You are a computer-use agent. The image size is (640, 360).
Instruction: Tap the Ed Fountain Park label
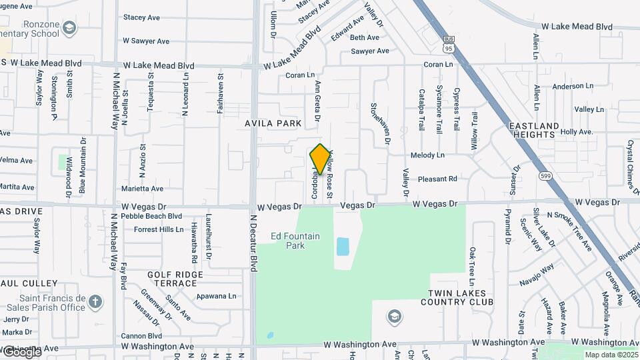pyautogui.click(x=295, y=241)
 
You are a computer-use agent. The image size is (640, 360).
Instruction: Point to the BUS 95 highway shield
pyautogui.click(x=449, y=45)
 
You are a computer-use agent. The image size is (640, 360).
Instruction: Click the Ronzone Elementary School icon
pyautogui.click(x=69, y=27)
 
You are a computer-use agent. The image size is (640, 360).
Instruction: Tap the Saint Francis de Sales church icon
pyautogui.click(x=95, y=301)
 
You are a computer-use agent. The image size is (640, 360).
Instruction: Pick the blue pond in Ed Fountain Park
pyautogui.click(x=343, y=247)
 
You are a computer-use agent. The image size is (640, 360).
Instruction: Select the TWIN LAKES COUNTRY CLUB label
pyautogui.click(x=459, y=297)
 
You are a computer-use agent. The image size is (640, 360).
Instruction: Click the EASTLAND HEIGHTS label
pyautogui.click(x=534, y=130)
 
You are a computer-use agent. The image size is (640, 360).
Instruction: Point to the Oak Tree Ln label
pyautogui.click(x=472, y=263)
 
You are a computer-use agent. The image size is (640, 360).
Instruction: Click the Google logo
pyautogui.click(x=21, y=351)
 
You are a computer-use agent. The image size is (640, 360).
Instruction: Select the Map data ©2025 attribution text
pyautogui.click(x=611, y=355)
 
